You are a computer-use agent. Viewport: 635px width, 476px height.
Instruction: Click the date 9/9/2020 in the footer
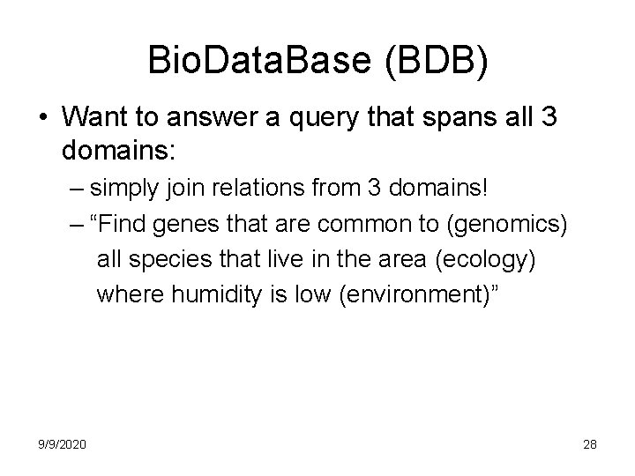pos(62,445)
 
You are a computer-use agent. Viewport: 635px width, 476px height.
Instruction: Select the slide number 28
pos(589,445)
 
